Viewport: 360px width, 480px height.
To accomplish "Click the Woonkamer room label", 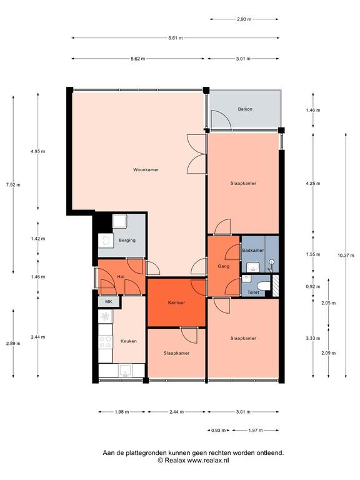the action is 146,169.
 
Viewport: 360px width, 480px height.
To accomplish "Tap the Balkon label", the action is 245,109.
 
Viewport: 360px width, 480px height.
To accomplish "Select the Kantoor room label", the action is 177,302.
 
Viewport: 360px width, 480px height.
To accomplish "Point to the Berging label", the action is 127,240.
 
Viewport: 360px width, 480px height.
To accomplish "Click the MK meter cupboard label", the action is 109,301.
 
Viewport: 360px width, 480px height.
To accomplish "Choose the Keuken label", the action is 129,341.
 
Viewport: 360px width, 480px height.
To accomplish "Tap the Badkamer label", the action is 253,250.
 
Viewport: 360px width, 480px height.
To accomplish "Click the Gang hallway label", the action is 224,266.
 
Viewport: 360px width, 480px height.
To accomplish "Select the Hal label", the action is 121,277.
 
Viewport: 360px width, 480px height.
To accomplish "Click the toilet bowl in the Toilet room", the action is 264,286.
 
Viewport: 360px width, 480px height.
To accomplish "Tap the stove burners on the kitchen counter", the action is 105,342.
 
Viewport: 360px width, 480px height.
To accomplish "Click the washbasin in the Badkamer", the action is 253,267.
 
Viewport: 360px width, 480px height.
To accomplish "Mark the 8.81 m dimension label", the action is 176,38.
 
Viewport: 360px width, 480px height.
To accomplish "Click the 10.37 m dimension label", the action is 346,255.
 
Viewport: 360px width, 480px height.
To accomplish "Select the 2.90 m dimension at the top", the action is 244,19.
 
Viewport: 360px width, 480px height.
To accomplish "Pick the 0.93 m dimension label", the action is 219,431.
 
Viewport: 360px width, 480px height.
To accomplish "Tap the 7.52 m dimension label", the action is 13,184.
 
